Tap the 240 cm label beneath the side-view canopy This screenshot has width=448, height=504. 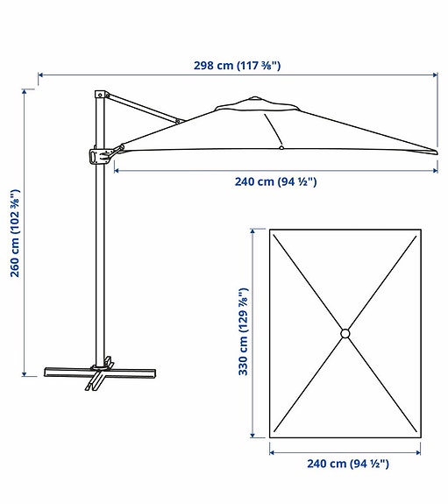pyautogui.click(x=274, y=181)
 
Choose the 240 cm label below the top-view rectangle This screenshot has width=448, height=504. pyautogui.click(x=346, y=464)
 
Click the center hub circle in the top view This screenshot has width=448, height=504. pyautogui.click(x=345, y=333)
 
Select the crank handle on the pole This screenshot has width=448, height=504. pyautogui.click(x=96, y=156)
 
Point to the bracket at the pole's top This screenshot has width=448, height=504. pyautogui.click(x=100, y=93)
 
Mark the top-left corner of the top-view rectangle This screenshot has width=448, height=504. pyautogui.click(x=270, y=230)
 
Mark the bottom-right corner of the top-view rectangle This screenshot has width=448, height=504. pyautogui.click(x=420, y=438)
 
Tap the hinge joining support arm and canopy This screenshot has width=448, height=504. pyautogui.click(x=178, y=121)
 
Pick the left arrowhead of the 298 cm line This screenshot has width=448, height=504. pyautogui.click(x=40, y=75)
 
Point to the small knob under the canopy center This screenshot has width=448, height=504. pyautogui.click(x=280, y=149)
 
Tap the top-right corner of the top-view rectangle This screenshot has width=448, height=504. pyautogui.click(x=420, y=230)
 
